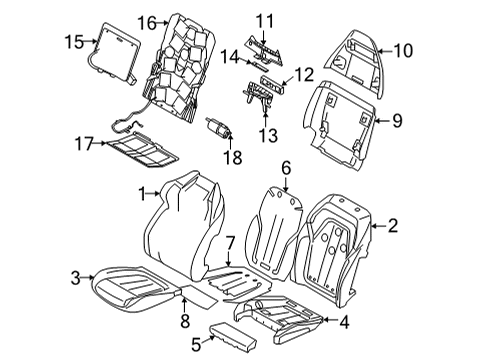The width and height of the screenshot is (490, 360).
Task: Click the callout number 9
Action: click(x=398, y=122)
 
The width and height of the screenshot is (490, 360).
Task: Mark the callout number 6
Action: click(x=285, y=170)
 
